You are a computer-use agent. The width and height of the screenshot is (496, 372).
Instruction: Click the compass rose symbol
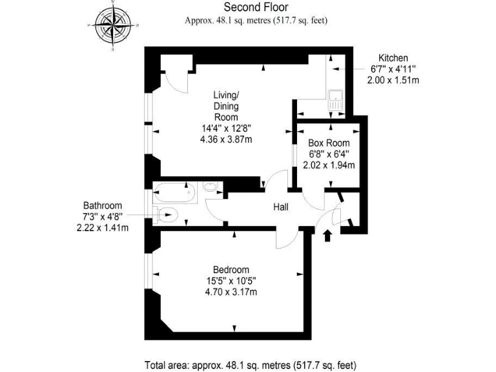pyautogui.click(x=114, y=26)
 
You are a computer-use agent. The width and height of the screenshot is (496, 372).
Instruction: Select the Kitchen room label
pyautogui.click(x=393, y=57)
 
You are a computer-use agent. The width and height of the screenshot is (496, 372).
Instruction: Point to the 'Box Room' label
pyautogui.click(x=329, y=143)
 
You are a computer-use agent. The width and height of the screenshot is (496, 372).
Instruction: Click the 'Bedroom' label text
pyautogui.click(x=231, y=269)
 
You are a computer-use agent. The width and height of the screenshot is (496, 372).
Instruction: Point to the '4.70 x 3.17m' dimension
pyautogui.click(x=231, y=292)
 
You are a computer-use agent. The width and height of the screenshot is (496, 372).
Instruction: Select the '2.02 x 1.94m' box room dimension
pyautogui.click(x=329, y=165)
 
